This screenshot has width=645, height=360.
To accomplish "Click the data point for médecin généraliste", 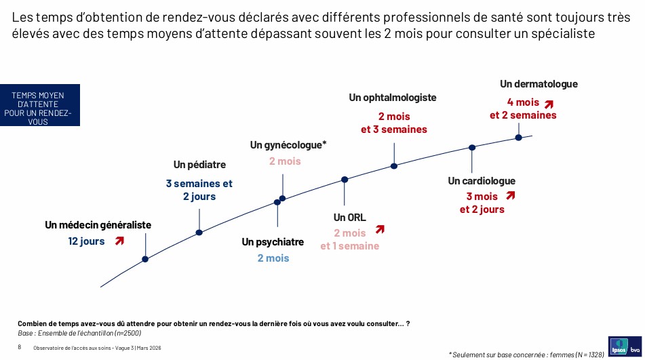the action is [x=145, y=259].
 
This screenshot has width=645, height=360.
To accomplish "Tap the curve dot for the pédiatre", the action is [x=199, y=233].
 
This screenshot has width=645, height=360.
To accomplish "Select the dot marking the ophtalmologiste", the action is [x=394, y=166].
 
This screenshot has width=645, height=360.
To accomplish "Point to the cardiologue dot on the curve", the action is [x=472, y=148].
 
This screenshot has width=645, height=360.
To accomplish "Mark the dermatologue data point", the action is [x=519, y=138].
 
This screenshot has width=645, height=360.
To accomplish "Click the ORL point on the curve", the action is [x=345, y=180].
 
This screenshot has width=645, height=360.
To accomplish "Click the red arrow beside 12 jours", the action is [x=119, y=241].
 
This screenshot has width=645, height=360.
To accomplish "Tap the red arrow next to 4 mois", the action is [x=549, y=104].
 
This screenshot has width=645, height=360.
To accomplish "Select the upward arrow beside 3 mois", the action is [x=511, y=195].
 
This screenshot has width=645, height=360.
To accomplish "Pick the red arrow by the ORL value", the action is [x=380, y=229].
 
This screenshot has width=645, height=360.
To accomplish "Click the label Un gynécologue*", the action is [x=288, y=145].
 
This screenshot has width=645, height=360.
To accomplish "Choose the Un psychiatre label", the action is [x=273, y=242].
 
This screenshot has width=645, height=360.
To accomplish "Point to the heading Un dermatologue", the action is [x=539, y=84].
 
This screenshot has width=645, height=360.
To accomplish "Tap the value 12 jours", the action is [x=86, y=241].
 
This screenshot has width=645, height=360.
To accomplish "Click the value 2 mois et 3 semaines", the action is [x=394, y=123].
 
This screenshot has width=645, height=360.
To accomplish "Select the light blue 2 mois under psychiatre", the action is [x=273, y=258].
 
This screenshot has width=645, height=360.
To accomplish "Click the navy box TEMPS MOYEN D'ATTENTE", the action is [x=40, y=105].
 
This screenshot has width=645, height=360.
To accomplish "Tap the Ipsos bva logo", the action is [x=625, y=346].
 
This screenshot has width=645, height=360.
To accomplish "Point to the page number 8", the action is [x=20, y=347].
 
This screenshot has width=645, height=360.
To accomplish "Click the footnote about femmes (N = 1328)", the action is [x=526, y=355].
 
